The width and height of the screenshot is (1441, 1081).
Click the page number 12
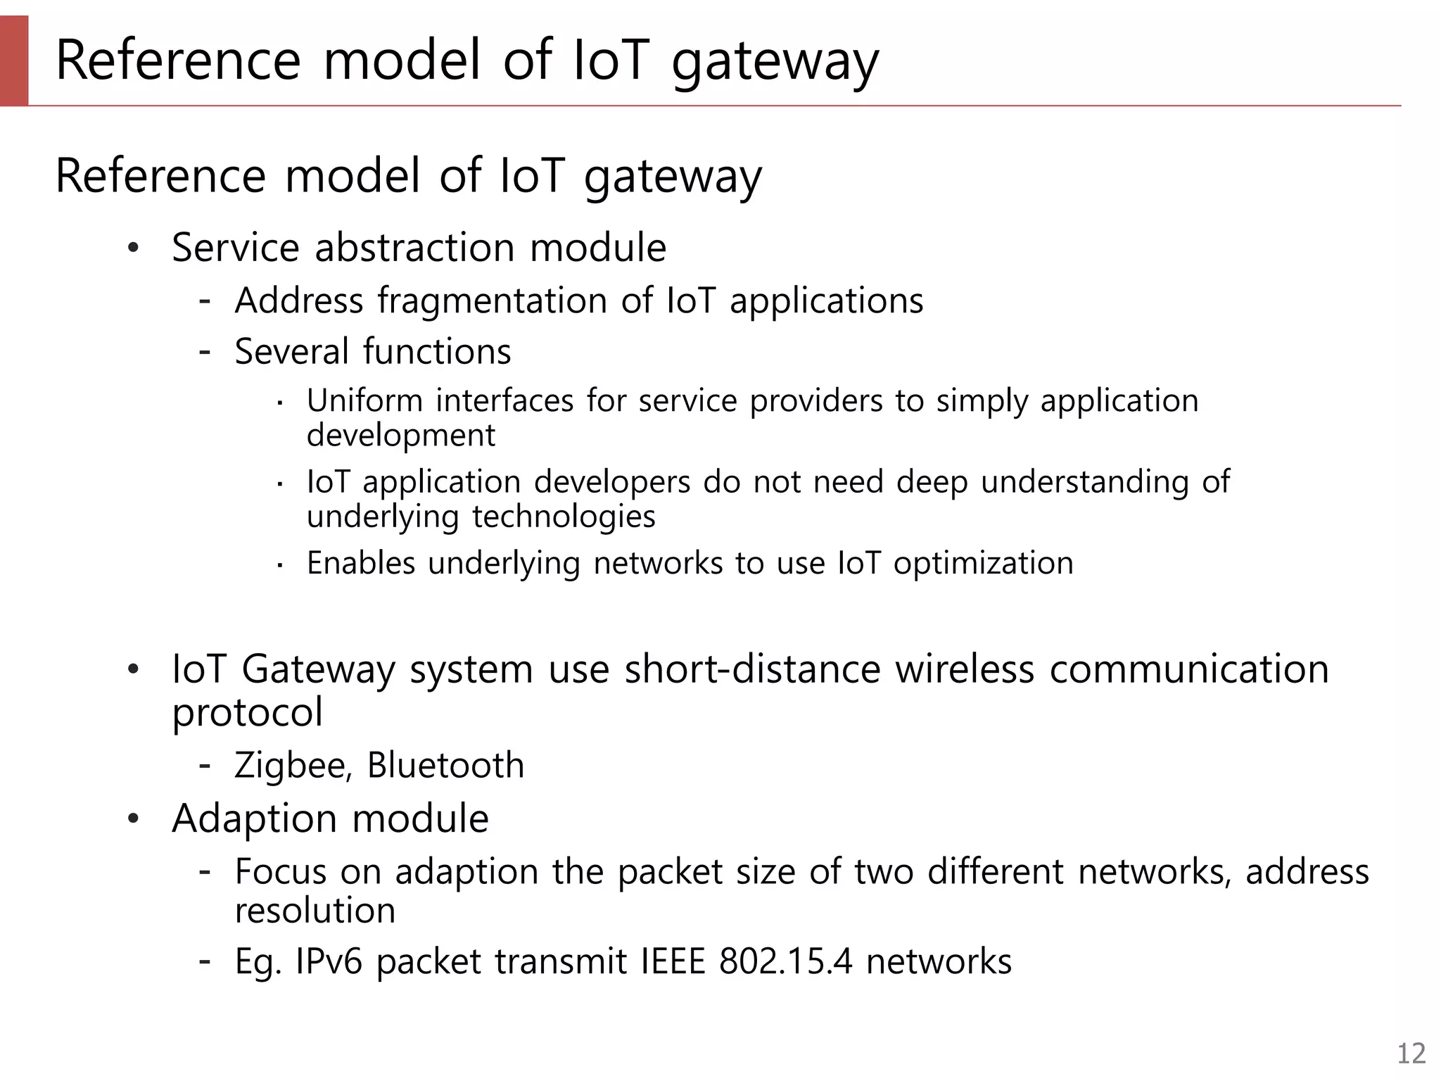tap(1411, 1054)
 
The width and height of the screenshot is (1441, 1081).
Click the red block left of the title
tap(14, 61)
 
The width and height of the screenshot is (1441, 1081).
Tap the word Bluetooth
tap(445, 765)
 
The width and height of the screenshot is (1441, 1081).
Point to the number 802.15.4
tap(785, 961)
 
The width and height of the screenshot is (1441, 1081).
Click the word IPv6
tap(329, 961)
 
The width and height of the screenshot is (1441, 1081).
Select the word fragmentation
tap(492, 301)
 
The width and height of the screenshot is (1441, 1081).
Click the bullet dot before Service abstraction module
tap(134, 248)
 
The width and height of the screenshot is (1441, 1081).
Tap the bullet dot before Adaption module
tap(134, 818)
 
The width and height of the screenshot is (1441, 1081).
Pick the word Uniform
tap(364, 400)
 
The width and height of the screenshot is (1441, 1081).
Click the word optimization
tap(983, 564)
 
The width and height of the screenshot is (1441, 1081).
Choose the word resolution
tap(315, 911)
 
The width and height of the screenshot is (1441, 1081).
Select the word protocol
tap(247, 713)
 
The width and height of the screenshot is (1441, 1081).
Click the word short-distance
tap(752, 669)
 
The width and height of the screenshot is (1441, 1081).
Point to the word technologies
tap(564, 517)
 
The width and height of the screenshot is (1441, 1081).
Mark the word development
tap(400, 436)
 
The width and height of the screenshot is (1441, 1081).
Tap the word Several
tap(291, 351)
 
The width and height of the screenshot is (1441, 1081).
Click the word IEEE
tap(673, 961)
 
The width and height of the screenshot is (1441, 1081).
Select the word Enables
tap(361, 564)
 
